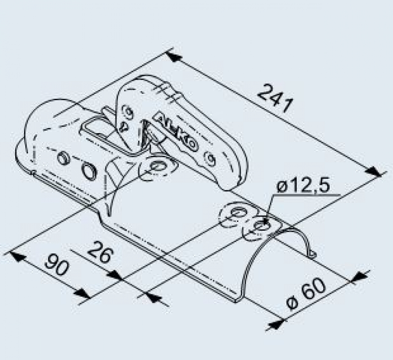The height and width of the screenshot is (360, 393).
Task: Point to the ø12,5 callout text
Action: coord(303,186)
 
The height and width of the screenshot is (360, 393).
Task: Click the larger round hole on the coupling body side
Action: coord(89,170)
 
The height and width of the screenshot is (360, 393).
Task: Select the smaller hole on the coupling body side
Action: coord(63,158)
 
